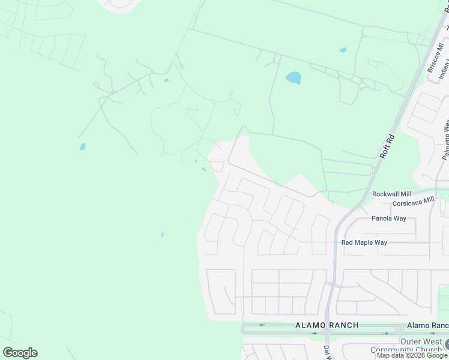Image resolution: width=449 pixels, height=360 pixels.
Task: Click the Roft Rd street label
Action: point(388,146)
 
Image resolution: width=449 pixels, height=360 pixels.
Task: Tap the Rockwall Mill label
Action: point(391,194)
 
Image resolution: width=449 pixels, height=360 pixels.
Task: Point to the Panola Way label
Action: point(389,218)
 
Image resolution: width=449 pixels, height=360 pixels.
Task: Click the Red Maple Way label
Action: point(364,242)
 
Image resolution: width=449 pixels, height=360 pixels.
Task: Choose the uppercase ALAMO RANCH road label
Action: point(327,325)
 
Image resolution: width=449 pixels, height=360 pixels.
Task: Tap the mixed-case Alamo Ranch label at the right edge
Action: point(427,325)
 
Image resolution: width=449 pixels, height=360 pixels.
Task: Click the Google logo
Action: point(20,353)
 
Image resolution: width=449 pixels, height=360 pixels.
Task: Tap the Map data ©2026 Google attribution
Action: point(412,355)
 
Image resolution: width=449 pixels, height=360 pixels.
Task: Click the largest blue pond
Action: point(294,77)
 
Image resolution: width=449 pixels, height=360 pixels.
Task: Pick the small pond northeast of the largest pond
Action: point(343,50)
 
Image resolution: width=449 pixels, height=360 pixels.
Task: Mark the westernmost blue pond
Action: point(82,146)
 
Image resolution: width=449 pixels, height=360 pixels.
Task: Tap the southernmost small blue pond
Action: point(162,235)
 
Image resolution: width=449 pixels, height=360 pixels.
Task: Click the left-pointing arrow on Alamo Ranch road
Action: point(261,325)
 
